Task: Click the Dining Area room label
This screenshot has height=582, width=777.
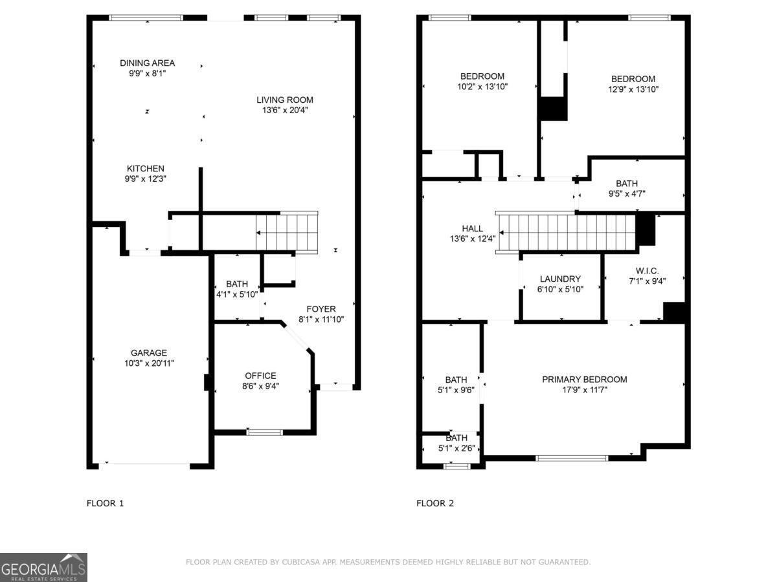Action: (x=147, y=63)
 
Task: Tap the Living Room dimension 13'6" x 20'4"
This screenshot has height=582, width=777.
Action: (x=285, y=111)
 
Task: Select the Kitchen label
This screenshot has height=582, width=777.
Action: (x=145, y=168)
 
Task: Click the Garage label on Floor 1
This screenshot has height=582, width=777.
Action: (x=149, y=352)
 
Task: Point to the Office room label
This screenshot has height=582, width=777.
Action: (x=260, y=376)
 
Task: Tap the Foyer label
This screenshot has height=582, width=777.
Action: (x=321, y=308)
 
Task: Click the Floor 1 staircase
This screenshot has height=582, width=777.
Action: (x=287, y=232)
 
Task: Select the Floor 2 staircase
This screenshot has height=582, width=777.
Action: (x=567, y=232)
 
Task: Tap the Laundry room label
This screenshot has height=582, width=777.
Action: (x=560, y=279)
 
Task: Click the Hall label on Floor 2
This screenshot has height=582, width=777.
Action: (x=472, y=228)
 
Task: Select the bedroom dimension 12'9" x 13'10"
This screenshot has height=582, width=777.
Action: (x=633, y=90)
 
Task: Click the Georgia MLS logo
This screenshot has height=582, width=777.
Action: (x=43, y=567)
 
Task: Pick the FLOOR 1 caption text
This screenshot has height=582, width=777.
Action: (x=105, y=502)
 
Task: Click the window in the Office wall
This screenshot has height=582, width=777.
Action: (x=265, y=431)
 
